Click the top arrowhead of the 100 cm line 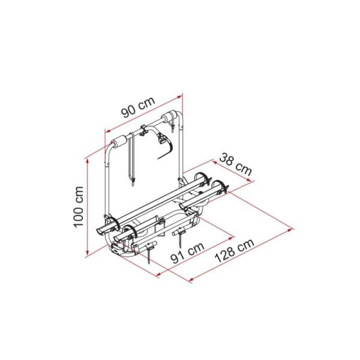[88, 160]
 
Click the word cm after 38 [242, 168]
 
